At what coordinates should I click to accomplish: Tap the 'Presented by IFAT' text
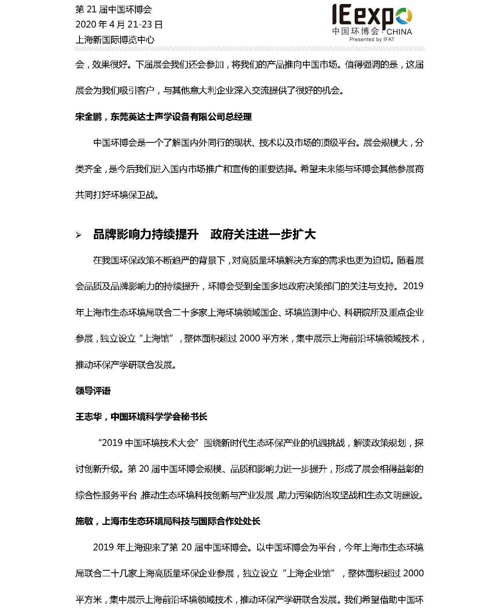pyautogui.click(x=372, y=39)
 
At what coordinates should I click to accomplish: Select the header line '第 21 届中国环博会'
pyautogui.click(x=113, y=10)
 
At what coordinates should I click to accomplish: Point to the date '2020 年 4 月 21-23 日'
pyautogui.click(x=119, y=24)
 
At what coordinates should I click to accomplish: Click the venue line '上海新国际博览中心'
pyautogui.click(x=115, y=39)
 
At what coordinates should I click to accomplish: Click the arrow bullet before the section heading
pyautogui.click(x=79, y=235)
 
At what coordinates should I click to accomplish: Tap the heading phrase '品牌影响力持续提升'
pyautogui.click(x=146, y=235)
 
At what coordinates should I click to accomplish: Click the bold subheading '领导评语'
pyautogui.click(x=93, y=391)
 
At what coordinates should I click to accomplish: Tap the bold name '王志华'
pyautogui.click(x=88, y=417)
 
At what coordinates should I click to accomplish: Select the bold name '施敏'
pyautogui.click(x=84, y=521)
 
